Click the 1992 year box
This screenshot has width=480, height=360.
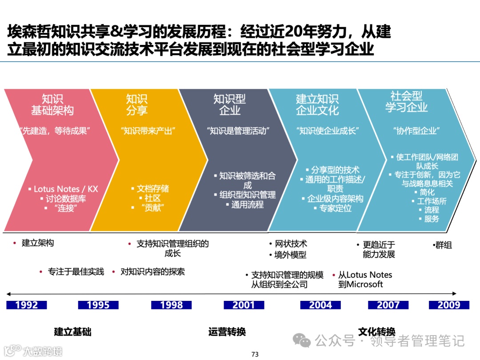click(x=27, y=305)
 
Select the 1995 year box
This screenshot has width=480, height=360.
click(x=98, y=305)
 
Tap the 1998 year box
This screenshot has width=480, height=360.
click(x=171, y=305)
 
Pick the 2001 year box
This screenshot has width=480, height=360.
click(x=244, y=305)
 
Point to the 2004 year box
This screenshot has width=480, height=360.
click(x=320, y=305)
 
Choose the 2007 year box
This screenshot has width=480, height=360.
click(x=388, y=305)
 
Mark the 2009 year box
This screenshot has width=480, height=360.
click(x=449, y=305)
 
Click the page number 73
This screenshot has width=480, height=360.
click(x=255, y=354)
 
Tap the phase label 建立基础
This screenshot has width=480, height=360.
click(x=72, y=332)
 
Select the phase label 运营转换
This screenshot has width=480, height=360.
click(x=227, y=332)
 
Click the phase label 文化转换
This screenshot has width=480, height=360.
click(x=377, y=332)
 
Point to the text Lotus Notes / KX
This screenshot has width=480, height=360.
click(x=65, y=189)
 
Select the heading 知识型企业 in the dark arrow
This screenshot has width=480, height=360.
click(x=230, y=104)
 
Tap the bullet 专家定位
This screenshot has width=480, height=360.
click(x=335, y=208)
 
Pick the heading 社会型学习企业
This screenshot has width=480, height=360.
click(x=406, y=102)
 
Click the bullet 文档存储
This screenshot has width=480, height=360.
click(x=152, y=189)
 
